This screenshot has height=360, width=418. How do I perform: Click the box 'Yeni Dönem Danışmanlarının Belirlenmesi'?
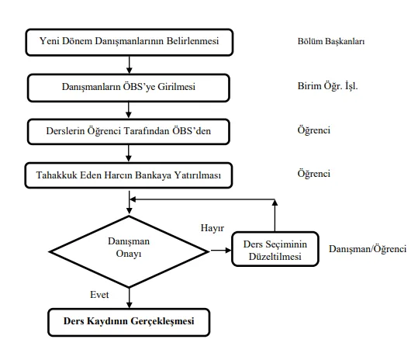click(x=130, y=43)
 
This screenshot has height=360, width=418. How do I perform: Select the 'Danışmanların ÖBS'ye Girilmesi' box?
click(x=129, y=88)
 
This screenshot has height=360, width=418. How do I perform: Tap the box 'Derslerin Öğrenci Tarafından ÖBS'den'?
click(x=129, y=131)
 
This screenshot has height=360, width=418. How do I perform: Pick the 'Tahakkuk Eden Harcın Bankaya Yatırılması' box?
click(x=129, y=175)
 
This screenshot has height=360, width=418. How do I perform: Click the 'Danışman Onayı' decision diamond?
click(x=129, y=251)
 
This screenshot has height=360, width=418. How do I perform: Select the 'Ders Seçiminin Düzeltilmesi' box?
click(x=275, y=249)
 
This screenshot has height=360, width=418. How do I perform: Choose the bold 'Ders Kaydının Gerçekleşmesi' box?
click(x=129, y=322)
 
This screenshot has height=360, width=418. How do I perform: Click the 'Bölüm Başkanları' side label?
click(x=331, y=41)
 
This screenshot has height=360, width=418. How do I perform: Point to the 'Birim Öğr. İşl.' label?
click(x=327, y=86)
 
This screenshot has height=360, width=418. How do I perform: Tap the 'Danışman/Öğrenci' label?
click(x=368, y=249)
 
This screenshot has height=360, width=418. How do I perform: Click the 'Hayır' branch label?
click(x=212, y=228)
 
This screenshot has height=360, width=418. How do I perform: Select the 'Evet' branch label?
click(x=99, y=295)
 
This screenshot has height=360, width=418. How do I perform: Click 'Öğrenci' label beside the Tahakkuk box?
click(x=314, y=174)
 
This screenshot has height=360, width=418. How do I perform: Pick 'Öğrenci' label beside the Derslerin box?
click(x=314, y=130)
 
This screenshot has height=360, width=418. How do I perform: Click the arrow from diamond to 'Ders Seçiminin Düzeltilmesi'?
click(x=221, y=251)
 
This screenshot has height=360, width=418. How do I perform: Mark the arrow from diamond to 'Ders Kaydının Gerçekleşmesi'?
click(x=130, y=298)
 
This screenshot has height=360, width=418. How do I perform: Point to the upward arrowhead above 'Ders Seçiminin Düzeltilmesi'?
click(x=275, y=202)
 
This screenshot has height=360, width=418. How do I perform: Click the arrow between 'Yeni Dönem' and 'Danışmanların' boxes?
click(x=130, y=65)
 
